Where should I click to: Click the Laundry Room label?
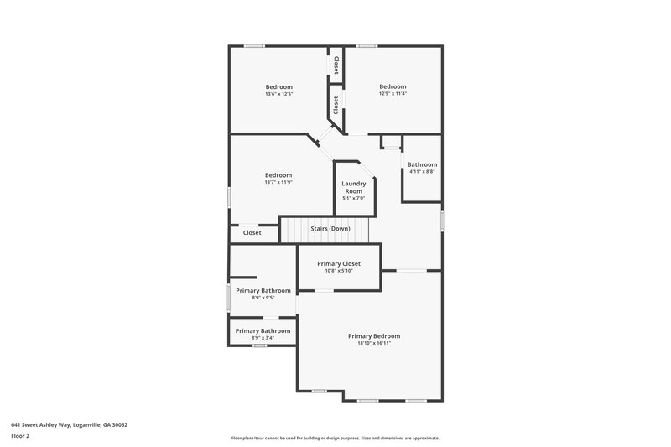353,187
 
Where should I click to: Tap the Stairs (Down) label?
330,228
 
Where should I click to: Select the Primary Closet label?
339,263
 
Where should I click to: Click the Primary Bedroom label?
374,335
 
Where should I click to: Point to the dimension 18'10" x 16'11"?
374,343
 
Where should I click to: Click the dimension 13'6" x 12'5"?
279,94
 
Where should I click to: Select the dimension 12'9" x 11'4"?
393,94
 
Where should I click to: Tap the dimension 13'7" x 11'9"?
278,182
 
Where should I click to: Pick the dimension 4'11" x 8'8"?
422,172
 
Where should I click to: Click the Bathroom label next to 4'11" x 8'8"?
422,164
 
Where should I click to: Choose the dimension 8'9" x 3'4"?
263,338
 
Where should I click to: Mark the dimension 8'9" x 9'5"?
263,298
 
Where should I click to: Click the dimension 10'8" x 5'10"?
339,271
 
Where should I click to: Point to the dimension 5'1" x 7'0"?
353,198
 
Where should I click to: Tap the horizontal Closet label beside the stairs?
252,232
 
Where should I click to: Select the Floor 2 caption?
21,436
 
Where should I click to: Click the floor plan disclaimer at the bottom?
335,438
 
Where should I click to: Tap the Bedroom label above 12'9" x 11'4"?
393,86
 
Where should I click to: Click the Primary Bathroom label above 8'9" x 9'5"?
263,290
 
